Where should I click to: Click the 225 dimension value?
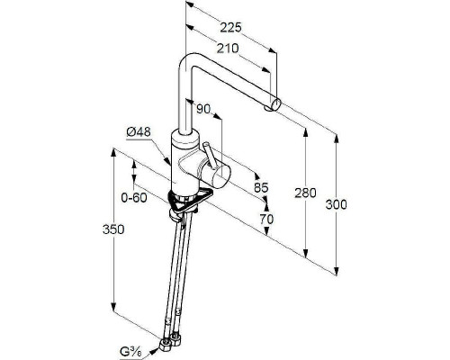tap(230, 27)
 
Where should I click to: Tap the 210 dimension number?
tap(228, 49)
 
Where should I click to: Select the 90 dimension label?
tap(203, 109)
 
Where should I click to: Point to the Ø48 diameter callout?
tap(139, 132)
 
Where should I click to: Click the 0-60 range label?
tap(134, 198)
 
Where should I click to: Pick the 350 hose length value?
tap(113, 229)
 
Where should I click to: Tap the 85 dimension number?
tap(261, 188)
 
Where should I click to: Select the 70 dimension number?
tap(266, 220)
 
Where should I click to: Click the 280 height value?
tap(305, 193)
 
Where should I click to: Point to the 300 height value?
tap(336, 204)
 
